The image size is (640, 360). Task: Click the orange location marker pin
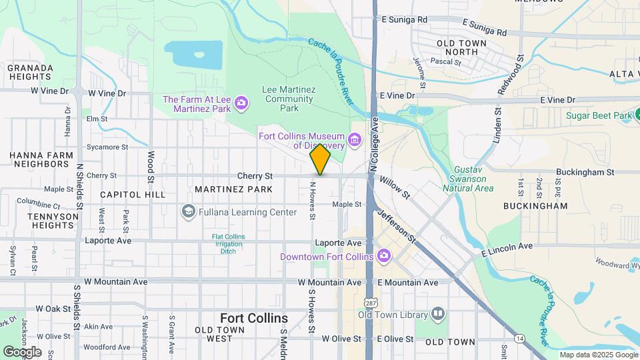(x=320, y=159)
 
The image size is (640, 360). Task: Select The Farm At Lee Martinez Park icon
(x=241, y=104)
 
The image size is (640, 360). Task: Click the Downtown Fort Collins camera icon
(x=383, y=256)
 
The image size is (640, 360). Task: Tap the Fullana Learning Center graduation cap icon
(x=188, y=212)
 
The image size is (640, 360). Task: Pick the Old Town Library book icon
(x=437, y=314)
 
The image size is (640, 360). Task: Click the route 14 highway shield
(x=519, y=339)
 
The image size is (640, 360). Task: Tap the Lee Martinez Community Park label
(x=288, y=98)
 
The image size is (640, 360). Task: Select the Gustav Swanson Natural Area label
(x=473, y=179)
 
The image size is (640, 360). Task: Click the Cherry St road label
(x=255, y=176)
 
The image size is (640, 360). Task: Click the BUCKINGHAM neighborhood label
(x=535, y=206)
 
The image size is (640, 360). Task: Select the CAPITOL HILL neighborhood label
(x=132, y=195)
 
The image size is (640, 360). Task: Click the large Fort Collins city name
(x=254, y=318)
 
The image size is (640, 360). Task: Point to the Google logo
(x=22, y=351)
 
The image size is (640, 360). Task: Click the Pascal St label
(x=446, y=61)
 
